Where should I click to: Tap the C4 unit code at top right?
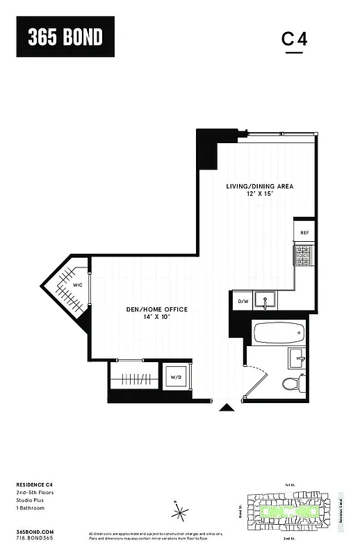point(294,40)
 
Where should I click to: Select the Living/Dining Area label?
point(259,186)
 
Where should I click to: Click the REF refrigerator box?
point(304,233)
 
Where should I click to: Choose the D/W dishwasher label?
point(243,302)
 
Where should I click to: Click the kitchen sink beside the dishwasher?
point(265,301)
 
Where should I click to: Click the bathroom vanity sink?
point(297,359)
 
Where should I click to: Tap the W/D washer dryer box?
point(175,377)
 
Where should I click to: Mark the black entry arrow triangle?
point(227,408)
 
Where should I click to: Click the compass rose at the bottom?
point(181,514)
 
